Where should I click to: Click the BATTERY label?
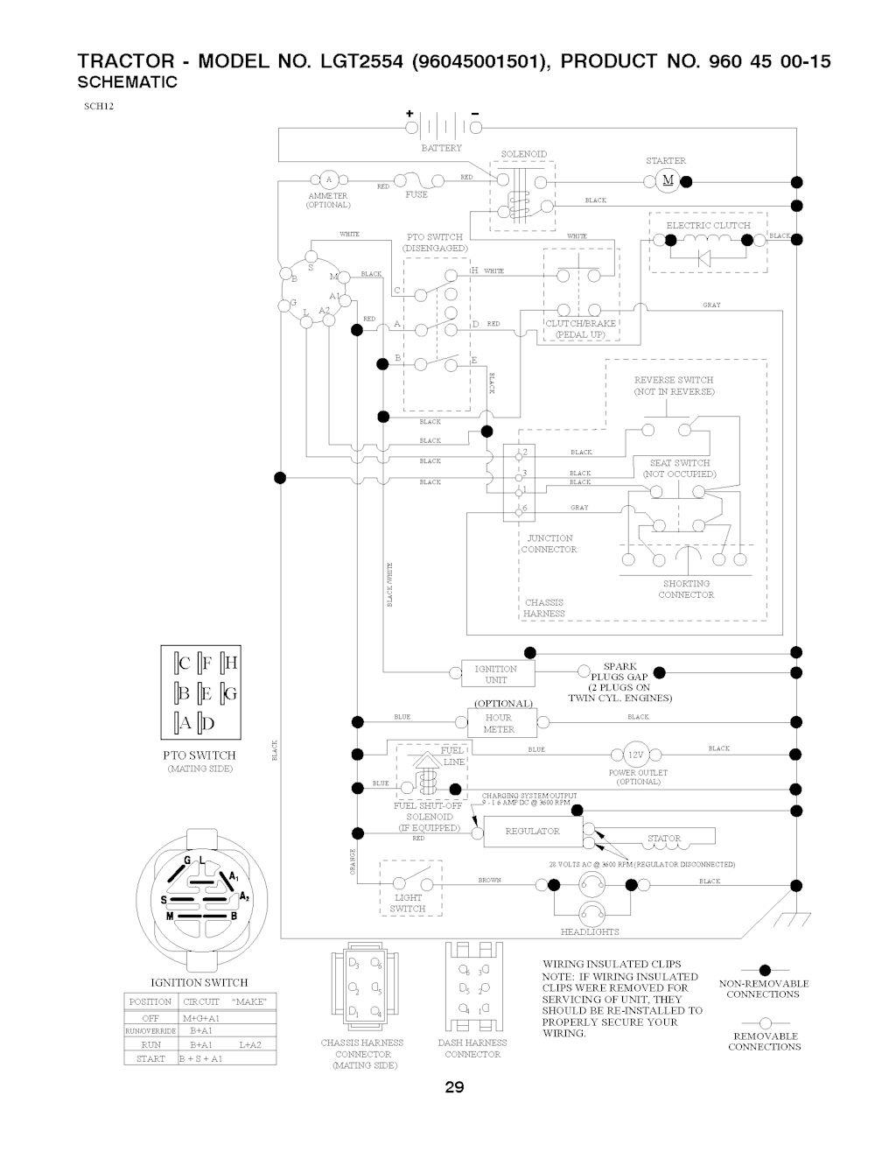point(441,148)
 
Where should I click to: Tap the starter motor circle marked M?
point(668,181)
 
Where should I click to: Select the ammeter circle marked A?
point(328,180)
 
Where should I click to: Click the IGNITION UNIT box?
point(496,673)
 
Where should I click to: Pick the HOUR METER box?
point(499,723)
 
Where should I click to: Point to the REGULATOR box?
point(532,831)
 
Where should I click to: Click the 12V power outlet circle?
point(634,755)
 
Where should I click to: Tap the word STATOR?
point(664,838)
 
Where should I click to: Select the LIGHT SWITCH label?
point(409,903)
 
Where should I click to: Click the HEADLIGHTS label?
point(590,931)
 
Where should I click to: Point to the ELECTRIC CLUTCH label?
point(708,225)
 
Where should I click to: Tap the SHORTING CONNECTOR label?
point(686,589)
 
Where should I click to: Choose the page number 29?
point(454,1088)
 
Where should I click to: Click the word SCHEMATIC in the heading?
point(128,82)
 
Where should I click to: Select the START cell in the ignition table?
point(150,1058)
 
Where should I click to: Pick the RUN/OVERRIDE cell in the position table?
point(150,1030)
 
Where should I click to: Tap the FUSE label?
point(416,194)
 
